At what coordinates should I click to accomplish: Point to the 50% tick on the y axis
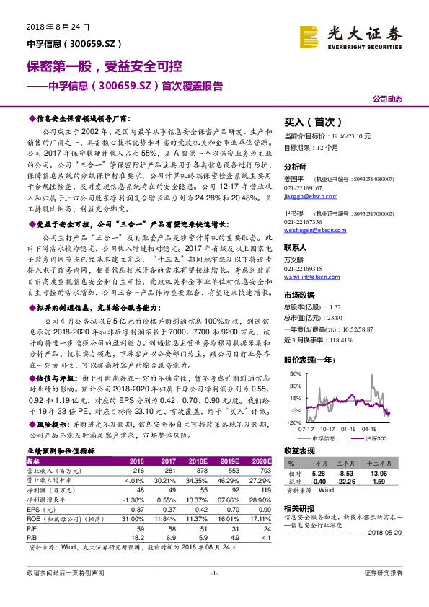[296, 374]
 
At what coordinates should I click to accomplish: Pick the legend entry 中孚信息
[324, 438]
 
